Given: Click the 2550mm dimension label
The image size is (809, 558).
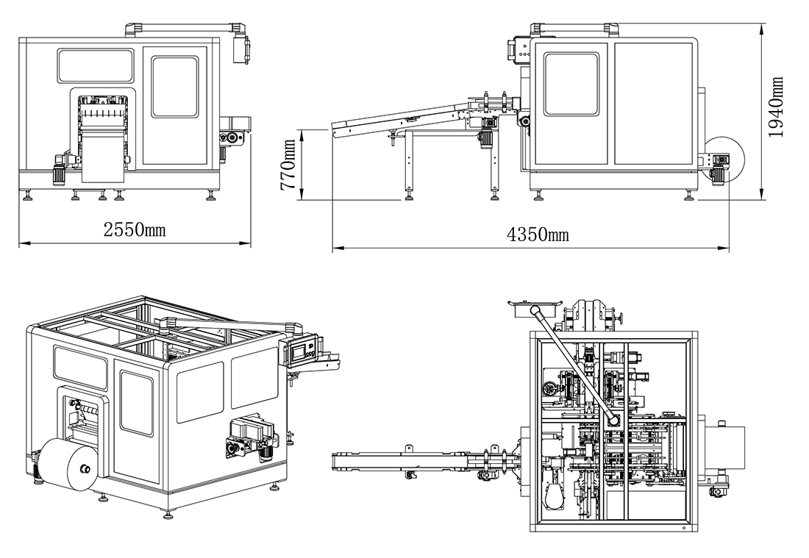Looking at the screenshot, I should [x=134, y=230].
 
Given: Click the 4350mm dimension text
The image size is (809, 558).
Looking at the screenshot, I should [x=538, y=235].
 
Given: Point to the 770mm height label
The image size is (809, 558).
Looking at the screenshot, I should [x=288, y=165].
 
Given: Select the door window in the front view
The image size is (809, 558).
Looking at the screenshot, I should [x=175, y=87].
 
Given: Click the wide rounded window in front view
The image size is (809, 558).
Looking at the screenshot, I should [x=96, y=65].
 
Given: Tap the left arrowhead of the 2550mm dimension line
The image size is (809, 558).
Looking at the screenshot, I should [x=21, y=243].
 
